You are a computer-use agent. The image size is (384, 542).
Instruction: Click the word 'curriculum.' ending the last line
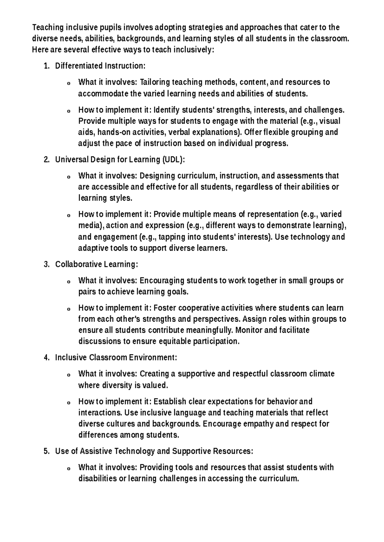coord(279,479)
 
